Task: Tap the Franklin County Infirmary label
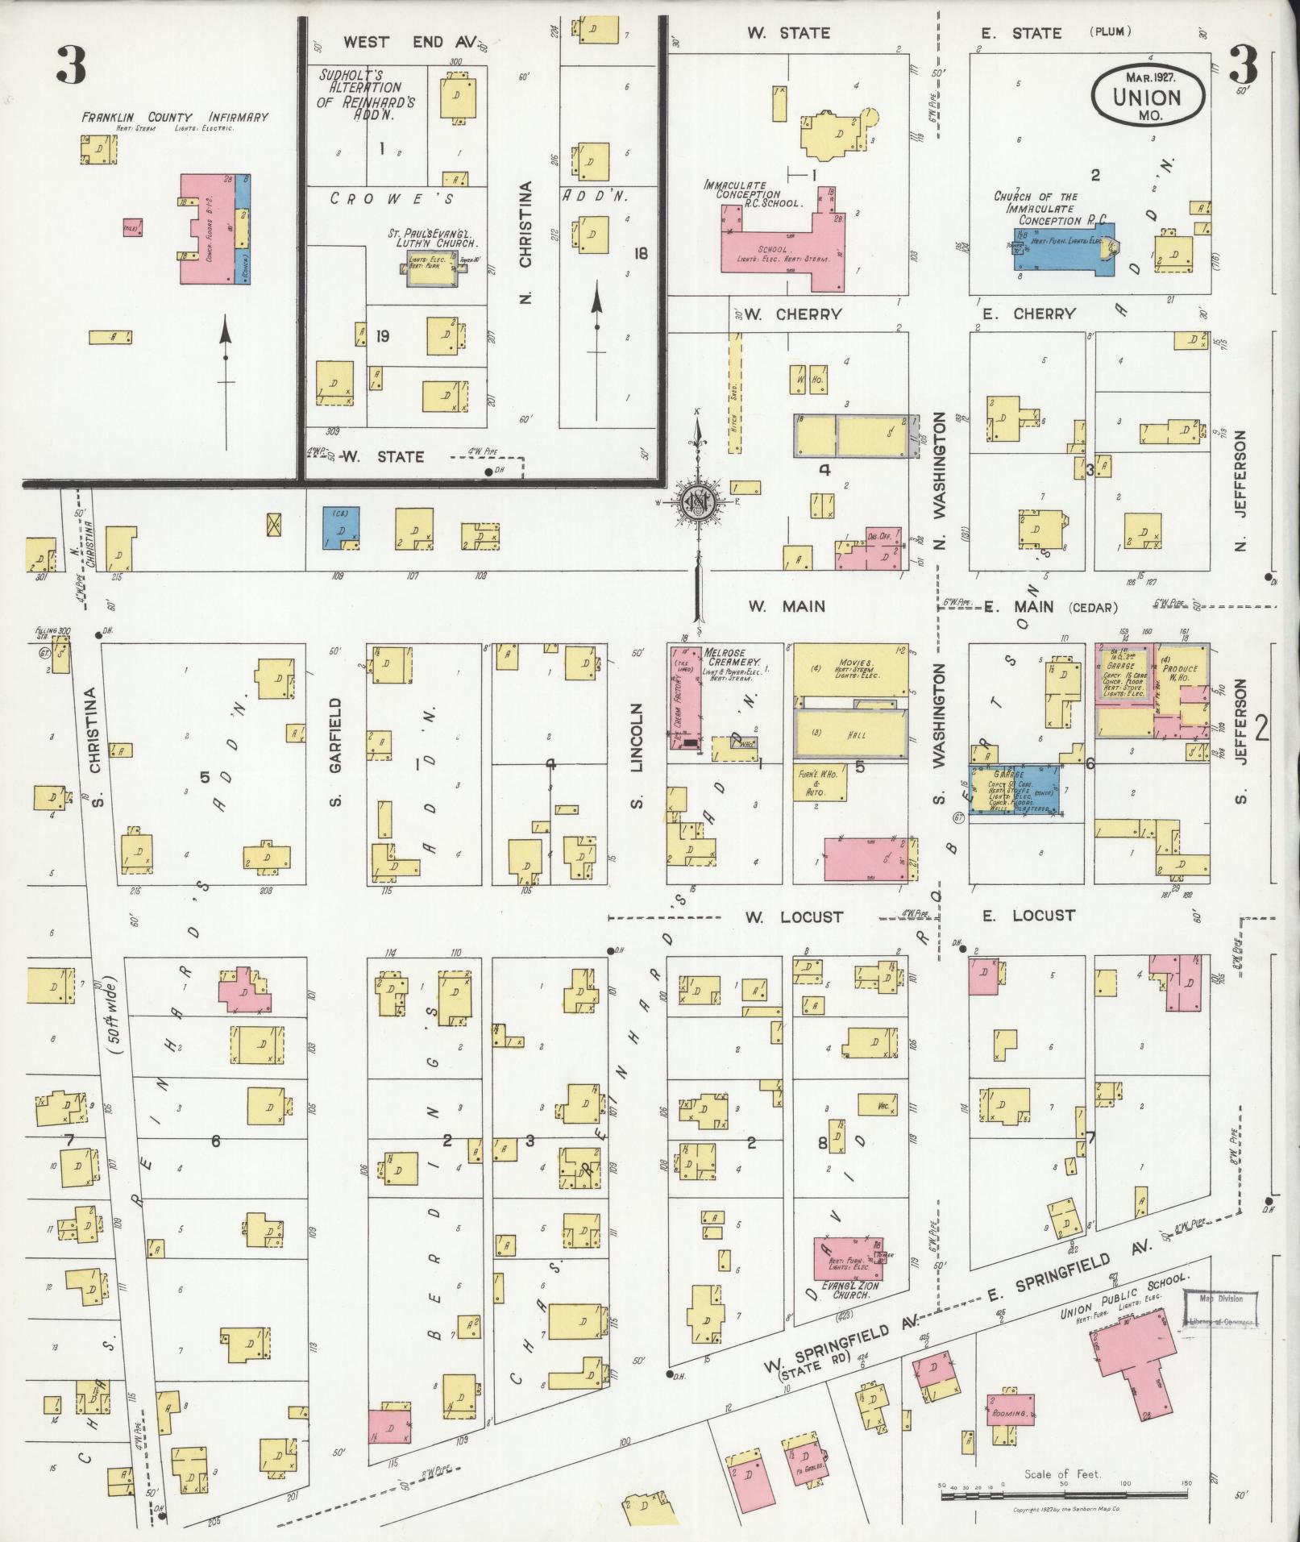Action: (174, 118)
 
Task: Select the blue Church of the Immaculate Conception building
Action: (1064, 250)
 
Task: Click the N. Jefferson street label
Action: (1241, 490)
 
